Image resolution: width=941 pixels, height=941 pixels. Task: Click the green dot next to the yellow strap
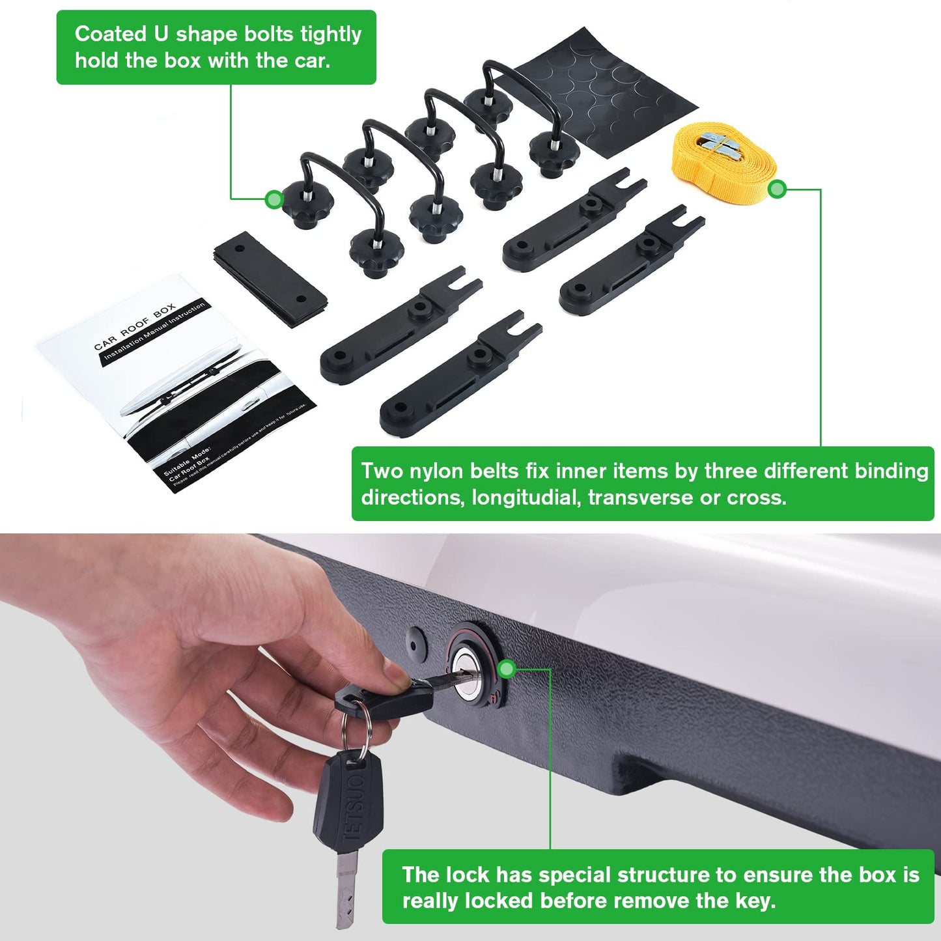[777, 190]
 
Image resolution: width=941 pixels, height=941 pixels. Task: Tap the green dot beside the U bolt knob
[274, 199]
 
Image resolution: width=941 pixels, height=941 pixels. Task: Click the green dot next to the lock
[507, 668]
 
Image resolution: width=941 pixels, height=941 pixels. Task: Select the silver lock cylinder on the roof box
[470, 671]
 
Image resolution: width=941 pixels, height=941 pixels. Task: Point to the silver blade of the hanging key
[346, 889]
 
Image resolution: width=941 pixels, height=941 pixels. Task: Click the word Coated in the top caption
[111, 34]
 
